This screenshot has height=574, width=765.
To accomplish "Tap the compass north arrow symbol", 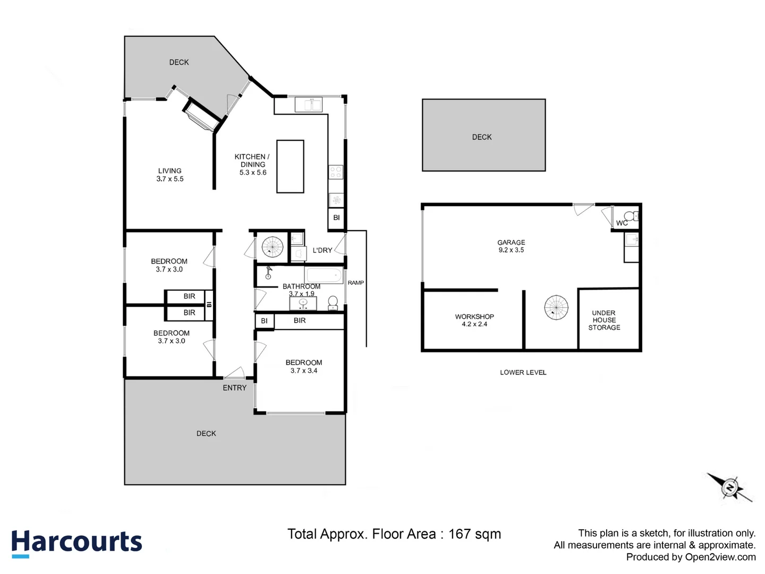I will point(730,487).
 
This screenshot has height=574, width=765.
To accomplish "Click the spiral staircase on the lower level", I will point(556,308).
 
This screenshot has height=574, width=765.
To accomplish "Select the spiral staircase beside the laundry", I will point(273,247).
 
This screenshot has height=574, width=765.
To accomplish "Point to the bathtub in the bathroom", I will point(323,275).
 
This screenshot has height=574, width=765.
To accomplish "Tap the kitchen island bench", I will point(290,166).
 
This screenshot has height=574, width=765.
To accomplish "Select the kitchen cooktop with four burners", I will point(336,172).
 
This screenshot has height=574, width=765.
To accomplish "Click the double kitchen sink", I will point(309,105).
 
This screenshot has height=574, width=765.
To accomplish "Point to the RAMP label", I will point(356,283).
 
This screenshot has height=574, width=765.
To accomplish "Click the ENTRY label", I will point(234,388).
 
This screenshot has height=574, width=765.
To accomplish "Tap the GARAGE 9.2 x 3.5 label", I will point(511,246).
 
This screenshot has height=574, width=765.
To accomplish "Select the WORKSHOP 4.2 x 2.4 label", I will point(474,320).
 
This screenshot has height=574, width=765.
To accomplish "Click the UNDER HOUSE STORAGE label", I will point(604,320).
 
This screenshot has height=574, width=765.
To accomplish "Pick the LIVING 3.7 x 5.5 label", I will point(170,175).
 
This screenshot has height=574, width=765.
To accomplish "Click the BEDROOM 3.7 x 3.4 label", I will point(304,367).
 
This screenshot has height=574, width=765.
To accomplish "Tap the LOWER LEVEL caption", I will point(523,373).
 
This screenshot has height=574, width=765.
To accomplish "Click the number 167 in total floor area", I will point(459,534).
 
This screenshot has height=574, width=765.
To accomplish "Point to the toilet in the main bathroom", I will point(333,303).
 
